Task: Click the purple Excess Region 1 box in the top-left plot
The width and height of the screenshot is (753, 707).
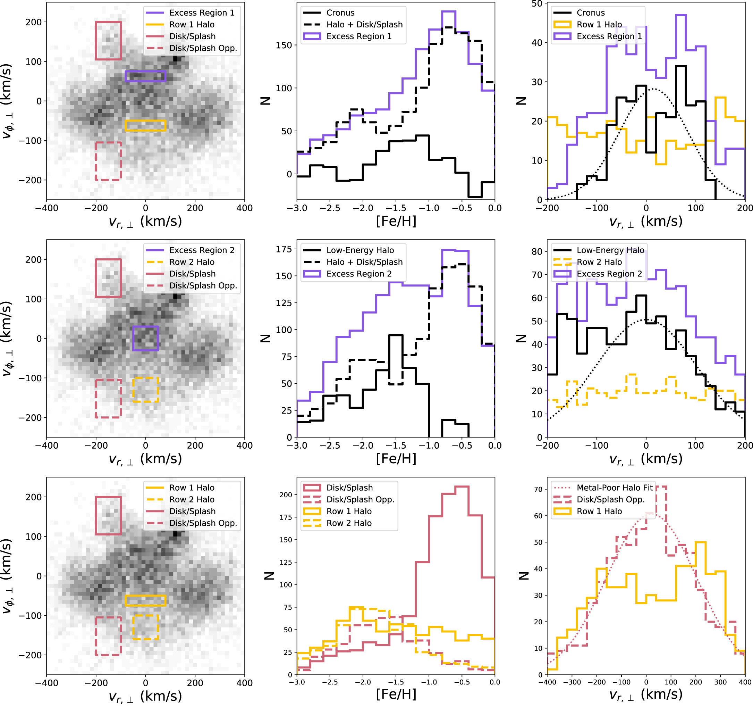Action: [145, 76]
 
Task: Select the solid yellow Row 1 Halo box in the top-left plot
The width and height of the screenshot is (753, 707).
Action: [145, 125]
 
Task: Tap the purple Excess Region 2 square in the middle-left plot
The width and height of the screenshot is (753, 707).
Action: [145, 338]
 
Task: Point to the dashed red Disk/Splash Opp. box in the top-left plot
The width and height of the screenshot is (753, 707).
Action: [108, 161]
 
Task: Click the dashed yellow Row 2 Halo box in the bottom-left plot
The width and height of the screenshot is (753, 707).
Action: [145, 627]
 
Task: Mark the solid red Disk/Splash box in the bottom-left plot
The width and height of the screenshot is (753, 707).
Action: [108, 516]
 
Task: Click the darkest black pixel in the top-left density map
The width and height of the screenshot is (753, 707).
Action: [175, 59]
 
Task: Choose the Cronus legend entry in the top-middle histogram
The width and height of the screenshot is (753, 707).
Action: [340, 13]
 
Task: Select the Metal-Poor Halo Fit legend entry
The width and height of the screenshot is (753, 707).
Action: [614, 488]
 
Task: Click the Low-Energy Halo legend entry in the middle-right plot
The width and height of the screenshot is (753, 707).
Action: [610, 250]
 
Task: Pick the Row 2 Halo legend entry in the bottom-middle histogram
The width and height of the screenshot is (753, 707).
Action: [349, 523]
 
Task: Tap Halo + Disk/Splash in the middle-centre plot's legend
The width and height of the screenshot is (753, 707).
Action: [364, 262]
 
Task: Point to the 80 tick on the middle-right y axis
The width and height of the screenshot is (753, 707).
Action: [537, 252]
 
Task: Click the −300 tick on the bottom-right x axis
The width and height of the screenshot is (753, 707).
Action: [572, 682]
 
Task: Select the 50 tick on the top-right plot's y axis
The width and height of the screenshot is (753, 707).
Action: [537, 4]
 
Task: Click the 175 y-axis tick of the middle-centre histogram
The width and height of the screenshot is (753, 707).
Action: [284, 249]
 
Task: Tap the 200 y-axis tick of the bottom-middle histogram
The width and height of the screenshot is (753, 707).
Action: [286, 495]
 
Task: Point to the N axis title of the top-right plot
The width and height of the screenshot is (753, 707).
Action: [522, 101]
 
